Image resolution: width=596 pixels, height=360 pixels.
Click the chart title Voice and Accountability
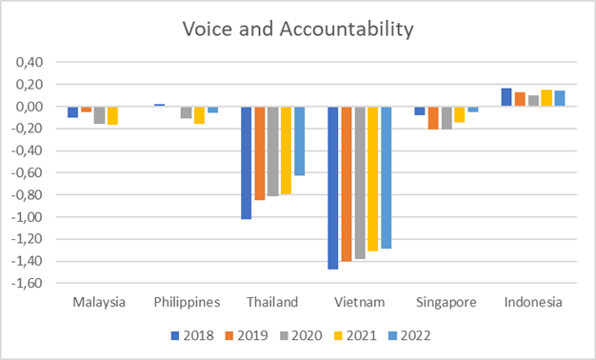tap(298, 29)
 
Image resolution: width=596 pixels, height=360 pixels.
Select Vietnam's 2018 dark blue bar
tap(332, 188)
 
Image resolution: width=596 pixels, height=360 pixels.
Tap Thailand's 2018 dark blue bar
tap(246, 163)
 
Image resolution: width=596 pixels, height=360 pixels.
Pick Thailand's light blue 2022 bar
tap(300, 141)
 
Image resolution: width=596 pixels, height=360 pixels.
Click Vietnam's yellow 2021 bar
tap(373, 179)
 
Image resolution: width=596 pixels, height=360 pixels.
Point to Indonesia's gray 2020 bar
tap(533, 101)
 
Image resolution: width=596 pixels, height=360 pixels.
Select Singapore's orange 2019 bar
tap(433, 118)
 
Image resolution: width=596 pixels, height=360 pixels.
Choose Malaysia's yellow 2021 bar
tap(112, 115)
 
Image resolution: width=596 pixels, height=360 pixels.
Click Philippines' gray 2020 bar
tap(186, 112)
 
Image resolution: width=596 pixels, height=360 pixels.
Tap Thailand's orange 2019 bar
tap(260, 153)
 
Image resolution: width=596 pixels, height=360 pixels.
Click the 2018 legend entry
tap(192, 335)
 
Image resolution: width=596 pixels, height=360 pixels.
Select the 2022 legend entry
tap(409, 335)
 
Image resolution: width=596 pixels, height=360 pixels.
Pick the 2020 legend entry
tap(301, 335)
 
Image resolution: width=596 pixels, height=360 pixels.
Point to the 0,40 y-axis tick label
tap(30, 62)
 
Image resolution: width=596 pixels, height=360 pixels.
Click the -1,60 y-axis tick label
tap(27, 283)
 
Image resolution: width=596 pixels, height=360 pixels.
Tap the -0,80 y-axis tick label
tap(27, 194)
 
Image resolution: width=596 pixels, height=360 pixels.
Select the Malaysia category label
tap(99, 302)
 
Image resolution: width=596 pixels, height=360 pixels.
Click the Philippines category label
tap(187, 302)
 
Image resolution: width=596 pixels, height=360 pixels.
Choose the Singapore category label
tap(447, 303)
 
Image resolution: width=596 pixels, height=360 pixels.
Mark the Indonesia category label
tap(533, 302)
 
